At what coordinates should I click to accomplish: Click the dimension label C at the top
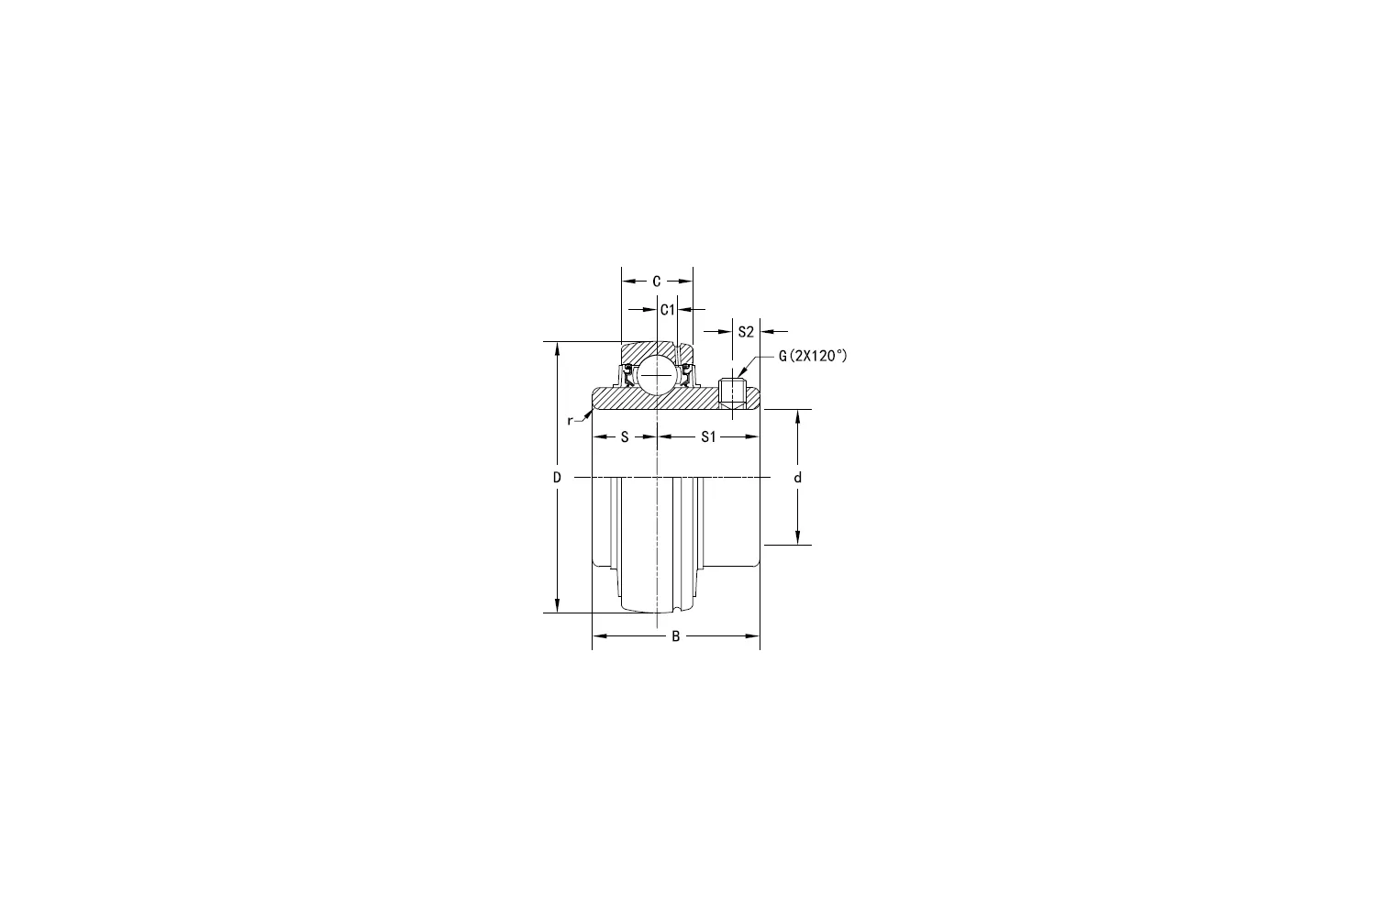coord(657,282)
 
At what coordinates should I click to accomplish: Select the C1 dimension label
coord(668,310)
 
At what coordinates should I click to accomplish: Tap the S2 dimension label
coord(746,331)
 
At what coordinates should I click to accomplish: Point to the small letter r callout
coord(570,420)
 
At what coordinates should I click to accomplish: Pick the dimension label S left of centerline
coord(625,437)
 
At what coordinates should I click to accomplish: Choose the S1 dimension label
coord(708,437)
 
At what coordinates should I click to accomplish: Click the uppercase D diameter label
coord(556,478)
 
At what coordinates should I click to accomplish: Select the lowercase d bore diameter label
coord(798,478)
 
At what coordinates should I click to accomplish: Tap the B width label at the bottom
coord(676,636)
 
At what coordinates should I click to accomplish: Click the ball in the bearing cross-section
coord(658,376)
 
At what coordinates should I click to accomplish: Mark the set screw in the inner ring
coord(731,392)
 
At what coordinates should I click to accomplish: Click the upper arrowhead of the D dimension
coord(557,349)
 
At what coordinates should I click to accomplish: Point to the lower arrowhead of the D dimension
coord(557,606)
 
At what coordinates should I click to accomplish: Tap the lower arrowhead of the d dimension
coord(798,538)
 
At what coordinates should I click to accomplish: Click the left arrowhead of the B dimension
coord(599,635)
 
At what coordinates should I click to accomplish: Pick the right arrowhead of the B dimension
coord(753,635)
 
